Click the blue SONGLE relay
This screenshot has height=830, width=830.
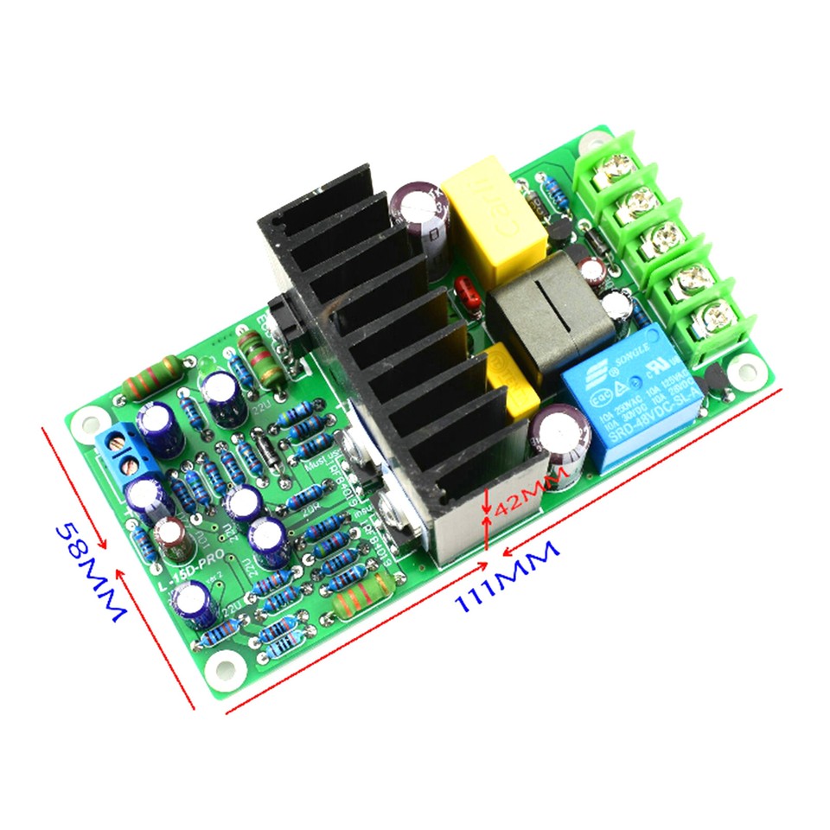click(616, 399)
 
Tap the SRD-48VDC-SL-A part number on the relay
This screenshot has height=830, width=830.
click(629, 428)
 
